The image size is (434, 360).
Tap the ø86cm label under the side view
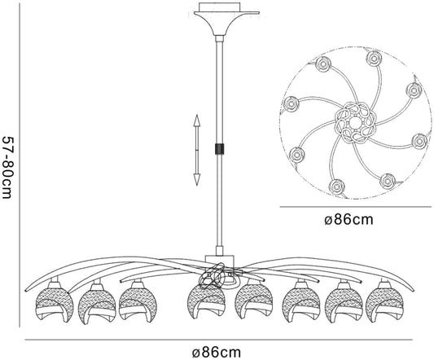pyautogui.click(x=217, y=353)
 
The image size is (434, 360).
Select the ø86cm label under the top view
pyautogui.click(x=349, y=220)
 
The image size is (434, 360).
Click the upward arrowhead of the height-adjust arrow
pyautogui.click(x=196, y=121)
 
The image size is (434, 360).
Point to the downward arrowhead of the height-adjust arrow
pyautogui.click(x=196, y=180)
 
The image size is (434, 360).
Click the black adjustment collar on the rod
pyautogui.click(x=219, y=149)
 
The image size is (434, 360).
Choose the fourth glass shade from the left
pyautogui.click(x=205, y=304)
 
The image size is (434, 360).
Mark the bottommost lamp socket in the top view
pyautogui.click(x=337, y=187)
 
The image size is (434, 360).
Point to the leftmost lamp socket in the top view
pyautogui.click(x=292, y=104)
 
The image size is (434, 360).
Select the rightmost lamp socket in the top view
pyautogui.click(x=419, y=141)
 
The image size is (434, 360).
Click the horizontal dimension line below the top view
pyautogui.click(x=355, y=207)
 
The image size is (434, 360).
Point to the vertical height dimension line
pyautogui.click(x=20, y=165)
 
